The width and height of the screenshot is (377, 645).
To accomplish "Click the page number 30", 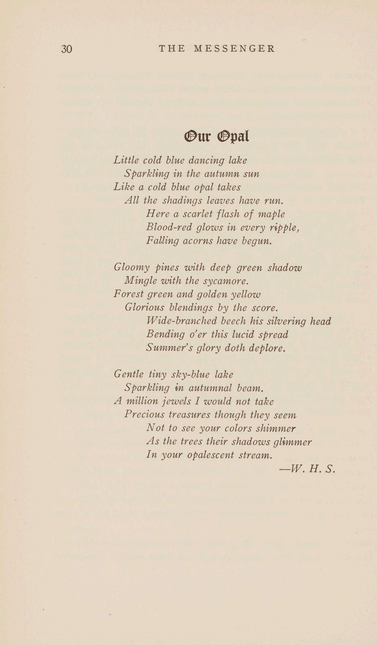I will (x=67, y=49).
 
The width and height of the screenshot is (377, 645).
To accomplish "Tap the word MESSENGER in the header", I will (x=234, y=49).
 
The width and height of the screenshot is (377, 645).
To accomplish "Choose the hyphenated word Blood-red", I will (x=169, y=227).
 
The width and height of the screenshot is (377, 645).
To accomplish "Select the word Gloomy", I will (x=131, y=268).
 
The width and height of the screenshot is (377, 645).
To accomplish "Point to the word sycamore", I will (x=226, y=281).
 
